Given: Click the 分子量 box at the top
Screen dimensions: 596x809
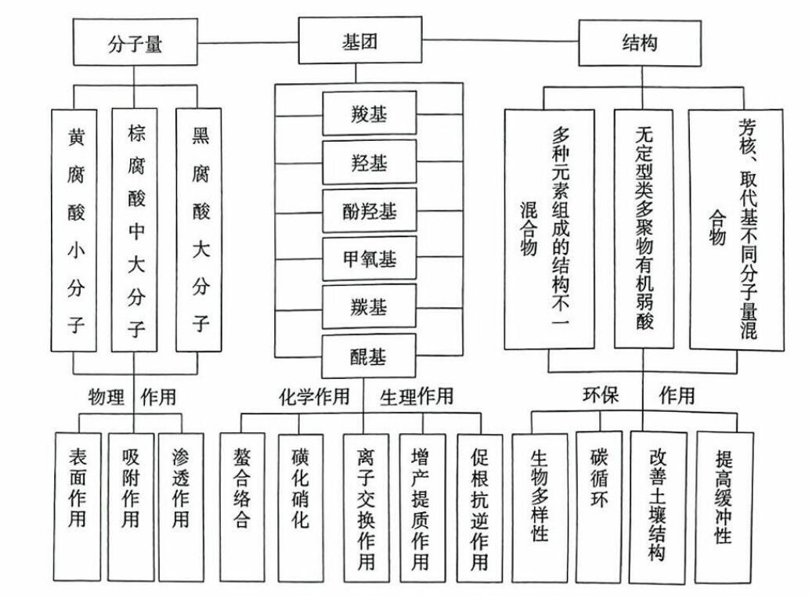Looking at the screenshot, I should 135,43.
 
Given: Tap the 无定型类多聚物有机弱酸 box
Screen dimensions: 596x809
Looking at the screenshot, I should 644,229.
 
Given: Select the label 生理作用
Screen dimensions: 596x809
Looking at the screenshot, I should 416,396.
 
